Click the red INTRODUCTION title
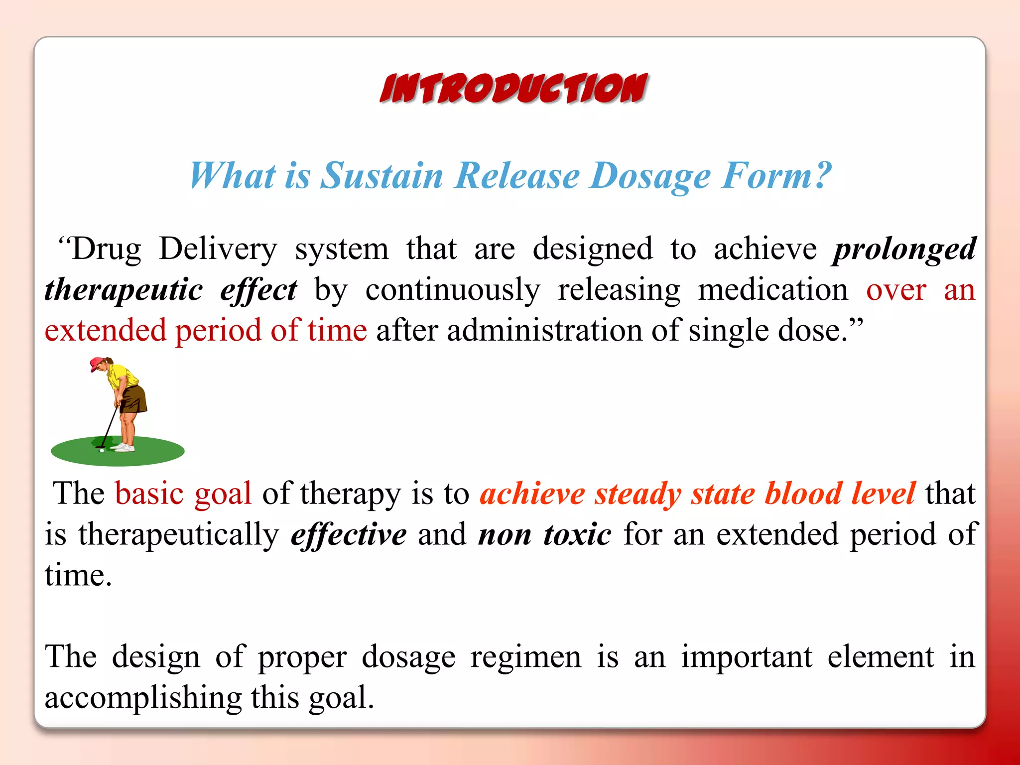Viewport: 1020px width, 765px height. point(513,89)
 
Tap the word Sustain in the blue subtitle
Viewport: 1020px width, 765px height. point(381,176)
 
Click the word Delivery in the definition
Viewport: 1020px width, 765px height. point(218,249)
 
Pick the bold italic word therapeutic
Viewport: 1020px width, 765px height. point(124,290)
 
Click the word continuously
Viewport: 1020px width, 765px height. point(452,290)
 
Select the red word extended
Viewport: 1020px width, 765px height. point(105,331)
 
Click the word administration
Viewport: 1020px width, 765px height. point(544,331)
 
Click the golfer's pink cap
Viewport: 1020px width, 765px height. point(97,364)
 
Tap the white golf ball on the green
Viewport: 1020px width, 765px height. point(102,451)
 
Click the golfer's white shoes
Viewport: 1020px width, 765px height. point(125,447)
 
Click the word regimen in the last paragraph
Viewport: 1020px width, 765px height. point(525,657)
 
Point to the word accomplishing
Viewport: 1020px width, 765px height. point(143,698)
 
